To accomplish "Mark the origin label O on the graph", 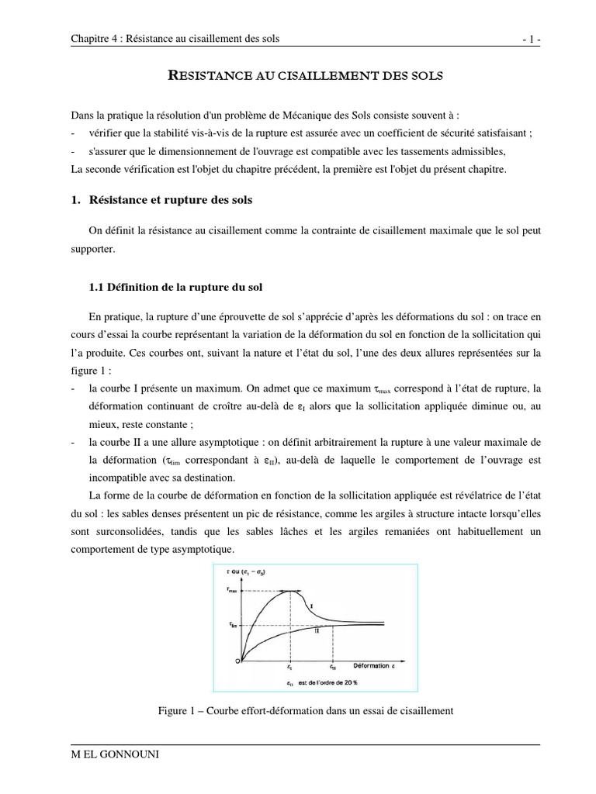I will pyautogui.click(x=237, y=661).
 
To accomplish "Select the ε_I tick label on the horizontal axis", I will pyautogui.click(x=289, y=667).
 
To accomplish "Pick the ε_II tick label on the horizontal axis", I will pyautogui.click(x=333, y=667).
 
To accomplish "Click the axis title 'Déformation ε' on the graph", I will pyautogui.click(x=368, y=665).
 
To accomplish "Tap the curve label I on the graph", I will pyautogui.click(x=311, y=605).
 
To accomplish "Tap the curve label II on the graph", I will pyautogui.click(x=317, y=630).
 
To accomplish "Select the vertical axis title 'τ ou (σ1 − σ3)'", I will pyautogui.click(x=250, y=572).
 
